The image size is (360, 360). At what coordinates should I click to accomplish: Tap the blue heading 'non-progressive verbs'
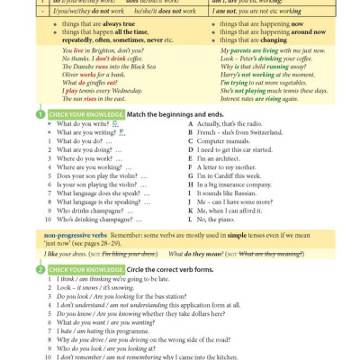[76, 234]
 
